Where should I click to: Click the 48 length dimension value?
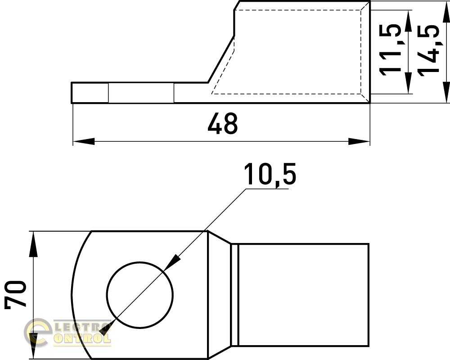[223, 123]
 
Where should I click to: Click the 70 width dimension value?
[15, 295]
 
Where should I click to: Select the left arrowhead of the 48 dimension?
[84, 141]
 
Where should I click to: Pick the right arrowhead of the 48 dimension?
[359, 141]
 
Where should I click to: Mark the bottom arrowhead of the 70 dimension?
[34, 346]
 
